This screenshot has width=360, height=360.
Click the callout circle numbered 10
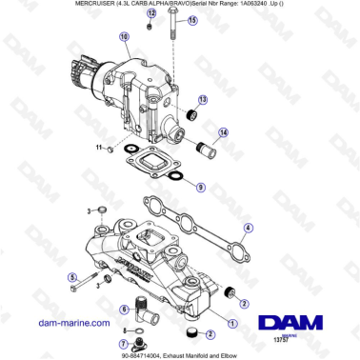coord(124,37)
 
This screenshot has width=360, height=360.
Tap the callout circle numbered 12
coord(151,13)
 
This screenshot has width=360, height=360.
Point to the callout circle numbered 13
coord(203,99)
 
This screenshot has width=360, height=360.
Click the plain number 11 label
coord(96,148)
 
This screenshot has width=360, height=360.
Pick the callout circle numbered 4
coord(248,229)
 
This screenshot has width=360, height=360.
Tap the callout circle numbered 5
coord(72,277)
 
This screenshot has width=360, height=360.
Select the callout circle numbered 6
coord(125,309)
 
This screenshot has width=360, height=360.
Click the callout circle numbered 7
coord(124,342)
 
